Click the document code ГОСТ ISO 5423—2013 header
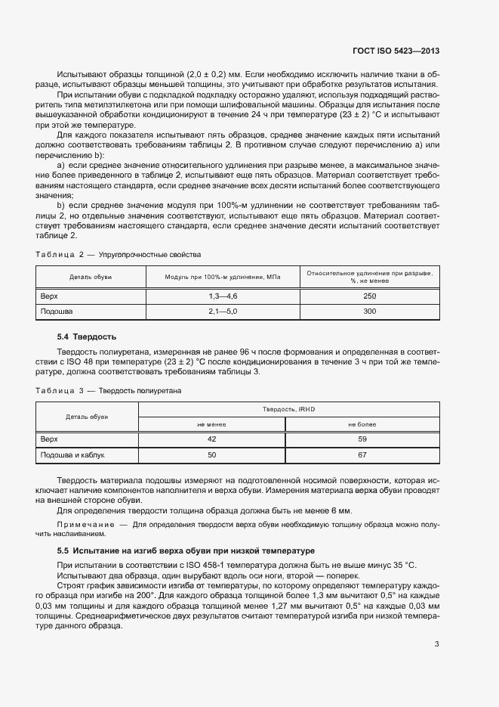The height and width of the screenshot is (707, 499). tap(396, 51)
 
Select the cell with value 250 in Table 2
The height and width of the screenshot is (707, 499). tap(369, 296)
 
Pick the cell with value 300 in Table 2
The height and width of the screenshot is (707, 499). tap(369, 311)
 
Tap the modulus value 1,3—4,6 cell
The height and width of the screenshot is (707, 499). tap(223, 296)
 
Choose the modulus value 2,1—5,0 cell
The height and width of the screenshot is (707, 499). tap(223, 311)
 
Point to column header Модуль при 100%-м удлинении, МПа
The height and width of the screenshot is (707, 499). tap(223, 278)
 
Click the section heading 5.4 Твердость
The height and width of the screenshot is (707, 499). tap(87, 336)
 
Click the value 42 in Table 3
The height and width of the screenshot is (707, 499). tap(211, 439)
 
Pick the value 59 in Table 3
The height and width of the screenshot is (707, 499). tap(362, 439)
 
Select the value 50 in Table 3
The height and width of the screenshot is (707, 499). tap(211, 455)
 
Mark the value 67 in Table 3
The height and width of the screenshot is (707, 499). tap(362, 455)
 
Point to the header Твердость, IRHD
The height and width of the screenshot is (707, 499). tap(288, 409)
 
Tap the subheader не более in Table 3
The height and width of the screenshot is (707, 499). tap(362, 424)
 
